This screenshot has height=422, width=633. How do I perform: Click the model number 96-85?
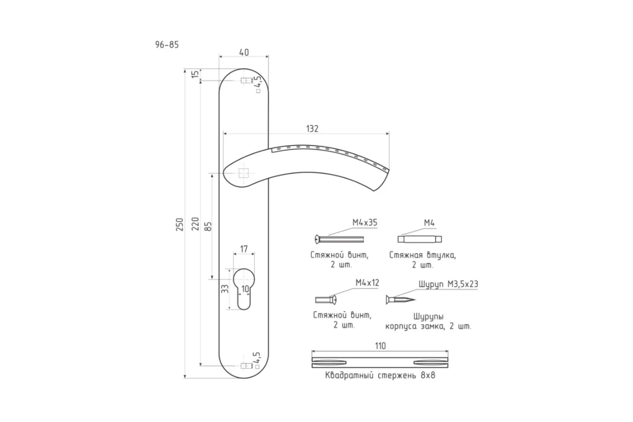[167, 45]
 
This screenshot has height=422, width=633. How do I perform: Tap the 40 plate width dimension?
[244, 53]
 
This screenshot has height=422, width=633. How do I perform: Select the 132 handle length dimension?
[312, 129]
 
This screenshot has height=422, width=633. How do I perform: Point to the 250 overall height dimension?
[180, 224]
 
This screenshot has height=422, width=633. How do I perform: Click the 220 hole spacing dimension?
[195, 224]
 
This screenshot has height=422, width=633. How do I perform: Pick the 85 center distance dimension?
[208, 226]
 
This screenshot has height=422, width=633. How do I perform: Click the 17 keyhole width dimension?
[244, 249]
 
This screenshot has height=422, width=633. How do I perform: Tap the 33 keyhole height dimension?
[225, 289]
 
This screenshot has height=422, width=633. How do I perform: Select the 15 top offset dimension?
[195, 74]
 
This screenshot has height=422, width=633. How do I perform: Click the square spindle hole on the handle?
[243, 173]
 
